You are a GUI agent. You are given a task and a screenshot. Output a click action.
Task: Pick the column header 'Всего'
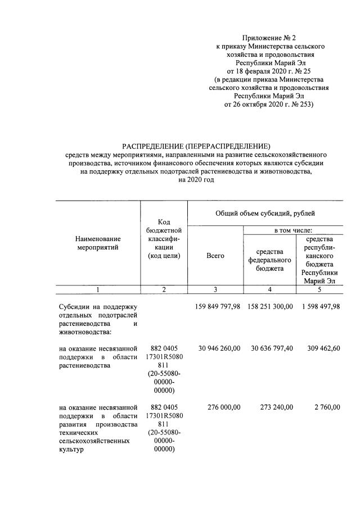pos(215,256)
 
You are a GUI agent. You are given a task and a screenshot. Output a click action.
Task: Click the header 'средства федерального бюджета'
pos(269,260)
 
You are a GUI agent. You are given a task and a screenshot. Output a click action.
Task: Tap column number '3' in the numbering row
pos(215,289)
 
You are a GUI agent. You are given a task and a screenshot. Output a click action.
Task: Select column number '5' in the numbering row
pos(319,289)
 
